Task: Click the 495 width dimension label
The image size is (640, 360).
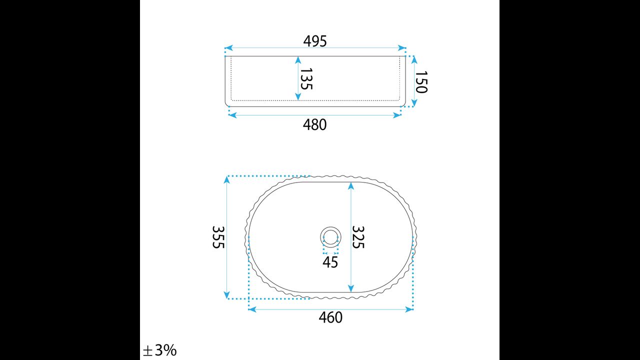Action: point(315,41)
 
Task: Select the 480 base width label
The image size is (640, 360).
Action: point(314,124)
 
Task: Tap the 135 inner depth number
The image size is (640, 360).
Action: point(306,78)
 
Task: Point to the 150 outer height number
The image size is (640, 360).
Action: point(421,82)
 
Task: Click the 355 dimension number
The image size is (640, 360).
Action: point(218,237)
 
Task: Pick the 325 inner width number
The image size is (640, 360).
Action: point(358,237)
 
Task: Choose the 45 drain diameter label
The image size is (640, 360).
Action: point(330,262)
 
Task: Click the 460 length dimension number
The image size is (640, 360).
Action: point(330,317)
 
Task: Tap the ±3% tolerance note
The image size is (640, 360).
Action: point(159,350)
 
